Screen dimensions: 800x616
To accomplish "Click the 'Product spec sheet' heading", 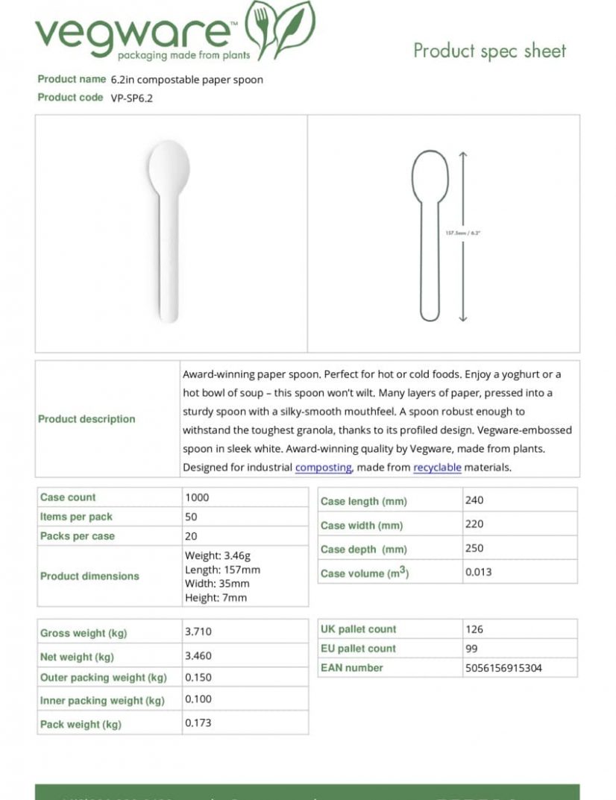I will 490,51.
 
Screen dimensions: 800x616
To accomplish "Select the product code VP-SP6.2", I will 131,98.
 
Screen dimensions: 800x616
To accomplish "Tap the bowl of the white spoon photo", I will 169,166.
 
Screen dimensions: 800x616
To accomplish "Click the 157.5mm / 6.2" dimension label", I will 463,233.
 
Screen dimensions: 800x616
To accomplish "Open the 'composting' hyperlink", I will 323,467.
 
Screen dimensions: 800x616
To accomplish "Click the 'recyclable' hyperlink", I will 437,467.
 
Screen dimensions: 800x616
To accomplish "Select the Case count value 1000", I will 197,497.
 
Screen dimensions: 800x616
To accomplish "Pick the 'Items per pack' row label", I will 76,517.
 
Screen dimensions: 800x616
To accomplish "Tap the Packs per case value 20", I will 191,536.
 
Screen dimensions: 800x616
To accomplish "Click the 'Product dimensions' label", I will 89,576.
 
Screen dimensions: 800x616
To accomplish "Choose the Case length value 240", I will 474,500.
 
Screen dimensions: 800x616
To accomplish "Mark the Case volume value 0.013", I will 478,572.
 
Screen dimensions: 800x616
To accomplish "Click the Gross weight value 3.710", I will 198,632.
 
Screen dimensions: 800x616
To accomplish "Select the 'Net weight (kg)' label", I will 77,657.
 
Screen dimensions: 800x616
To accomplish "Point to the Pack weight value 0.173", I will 198,723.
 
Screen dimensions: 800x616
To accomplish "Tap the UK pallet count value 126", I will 474,629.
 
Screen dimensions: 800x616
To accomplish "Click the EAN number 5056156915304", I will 503,668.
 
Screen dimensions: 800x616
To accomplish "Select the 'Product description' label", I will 87,419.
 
